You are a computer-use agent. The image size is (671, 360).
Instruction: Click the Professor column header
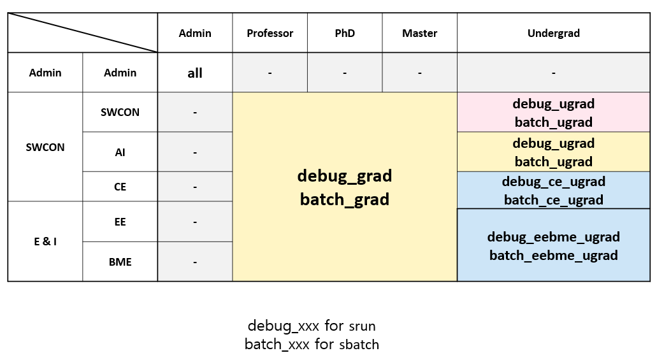270,33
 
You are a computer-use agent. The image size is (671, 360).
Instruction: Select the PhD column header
345,33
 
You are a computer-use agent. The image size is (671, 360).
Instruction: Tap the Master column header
419,33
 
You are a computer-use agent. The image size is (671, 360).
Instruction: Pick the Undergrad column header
553,33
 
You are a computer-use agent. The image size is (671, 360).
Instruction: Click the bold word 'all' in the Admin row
195,73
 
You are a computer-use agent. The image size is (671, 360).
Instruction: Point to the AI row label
120,152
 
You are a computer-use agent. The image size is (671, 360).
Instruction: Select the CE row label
120,187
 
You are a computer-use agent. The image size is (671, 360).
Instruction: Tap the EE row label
120,222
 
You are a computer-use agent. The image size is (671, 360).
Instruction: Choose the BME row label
120,261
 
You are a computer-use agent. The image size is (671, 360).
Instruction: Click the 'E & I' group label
45,241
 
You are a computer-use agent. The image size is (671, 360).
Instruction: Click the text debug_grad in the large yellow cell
345,175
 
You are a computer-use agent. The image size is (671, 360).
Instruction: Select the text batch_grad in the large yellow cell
345,199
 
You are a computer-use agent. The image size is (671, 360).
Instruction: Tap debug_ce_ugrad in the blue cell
553,182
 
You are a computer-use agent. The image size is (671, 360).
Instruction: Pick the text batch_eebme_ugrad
553,256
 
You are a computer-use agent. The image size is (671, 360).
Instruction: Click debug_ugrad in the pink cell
553,103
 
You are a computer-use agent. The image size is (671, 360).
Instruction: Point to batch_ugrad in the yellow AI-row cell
553,162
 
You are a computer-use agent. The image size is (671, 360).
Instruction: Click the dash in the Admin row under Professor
270,73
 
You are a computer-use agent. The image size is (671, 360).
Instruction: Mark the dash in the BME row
195,262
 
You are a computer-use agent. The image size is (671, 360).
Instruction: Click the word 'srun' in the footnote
362,327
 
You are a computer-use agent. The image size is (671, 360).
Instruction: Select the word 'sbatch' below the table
358,345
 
